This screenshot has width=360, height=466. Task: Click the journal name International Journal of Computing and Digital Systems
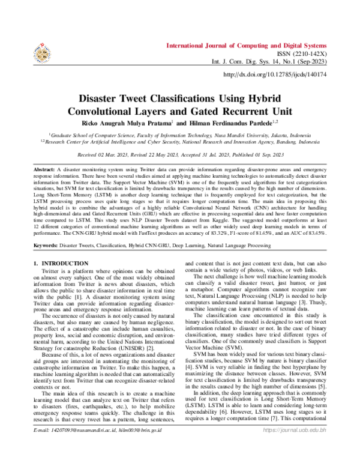click(x=246, y=46)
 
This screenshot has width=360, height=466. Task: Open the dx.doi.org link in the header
click(x=274, y=74)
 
